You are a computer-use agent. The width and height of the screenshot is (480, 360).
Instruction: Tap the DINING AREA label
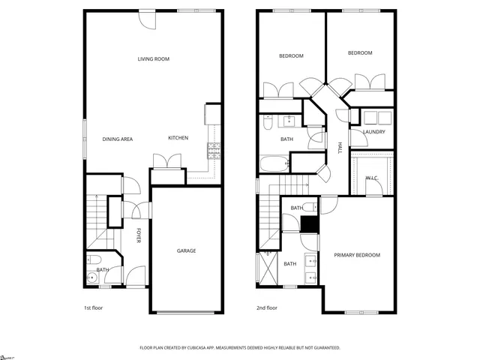[x=117, y=139]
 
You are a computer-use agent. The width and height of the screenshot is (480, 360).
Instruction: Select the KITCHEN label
[x=178, y=138]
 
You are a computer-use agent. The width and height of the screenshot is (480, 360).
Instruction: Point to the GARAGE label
[x=186, y=250]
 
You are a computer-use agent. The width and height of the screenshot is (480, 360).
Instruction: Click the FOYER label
[x=138, y=235]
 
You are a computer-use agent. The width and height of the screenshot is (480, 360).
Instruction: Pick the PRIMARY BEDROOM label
[x=357, y=255]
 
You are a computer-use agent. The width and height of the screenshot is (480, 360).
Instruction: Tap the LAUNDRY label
[x=373, y=132]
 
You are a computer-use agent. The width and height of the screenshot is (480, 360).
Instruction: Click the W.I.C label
[x=371, y=178]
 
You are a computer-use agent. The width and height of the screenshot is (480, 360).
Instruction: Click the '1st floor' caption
[x=94, y=308]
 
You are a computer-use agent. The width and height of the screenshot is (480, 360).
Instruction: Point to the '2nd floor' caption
[x=268, y=308]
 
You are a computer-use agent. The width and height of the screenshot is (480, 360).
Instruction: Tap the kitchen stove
[x=214, y=151]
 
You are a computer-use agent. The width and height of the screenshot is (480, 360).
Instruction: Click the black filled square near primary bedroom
[x=309, y=225]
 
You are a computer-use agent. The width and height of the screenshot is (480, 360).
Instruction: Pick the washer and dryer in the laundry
[x=375, y=117]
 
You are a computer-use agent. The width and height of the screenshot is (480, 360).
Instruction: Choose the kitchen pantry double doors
[x=166, y=160]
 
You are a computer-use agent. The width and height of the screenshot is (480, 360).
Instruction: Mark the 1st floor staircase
[x=98, y=221]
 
